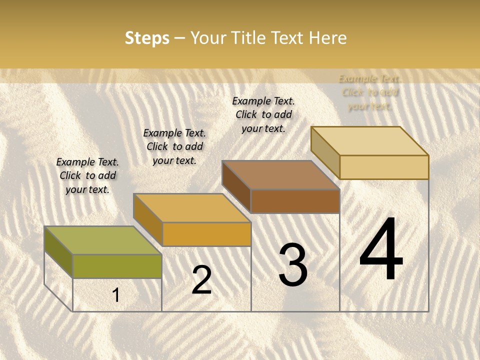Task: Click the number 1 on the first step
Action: point(116,295)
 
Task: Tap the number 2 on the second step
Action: point(201,280)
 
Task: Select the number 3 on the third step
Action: point(293,265)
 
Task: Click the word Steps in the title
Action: point(147,38)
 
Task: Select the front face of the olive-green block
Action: point(117,266)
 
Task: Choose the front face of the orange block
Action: point(206,234)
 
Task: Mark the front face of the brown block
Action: point(295,201)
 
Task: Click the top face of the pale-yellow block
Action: point(369,140)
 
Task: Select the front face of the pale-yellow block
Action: point(384,167)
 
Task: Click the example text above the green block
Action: point(87,175)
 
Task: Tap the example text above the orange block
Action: point(174,146)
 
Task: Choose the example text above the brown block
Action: point(263,114)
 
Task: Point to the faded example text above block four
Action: point(369,92)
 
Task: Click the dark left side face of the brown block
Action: point(236,186)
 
